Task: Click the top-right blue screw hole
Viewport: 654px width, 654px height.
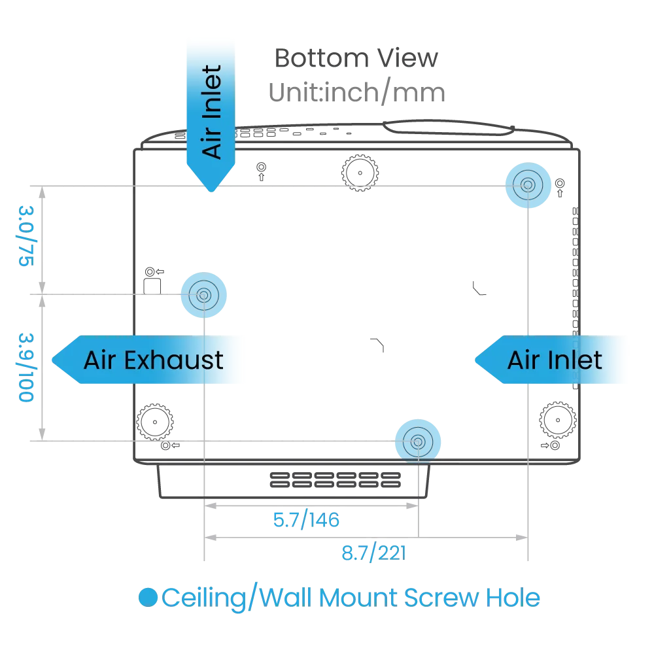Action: tap(527, 186)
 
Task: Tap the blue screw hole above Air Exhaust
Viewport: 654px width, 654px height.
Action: tap(203, 296)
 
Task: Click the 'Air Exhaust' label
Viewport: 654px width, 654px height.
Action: tap(153, 360)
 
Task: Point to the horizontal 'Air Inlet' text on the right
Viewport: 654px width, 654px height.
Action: tap(555, 360)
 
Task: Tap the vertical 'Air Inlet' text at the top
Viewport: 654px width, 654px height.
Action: tap(212, 111)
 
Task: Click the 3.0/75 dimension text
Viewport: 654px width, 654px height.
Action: tap(27, 236)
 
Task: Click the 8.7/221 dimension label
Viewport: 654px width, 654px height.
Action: tap(375, 553)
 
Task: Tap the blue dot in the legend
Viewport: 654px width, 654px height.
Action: tap(148, 598)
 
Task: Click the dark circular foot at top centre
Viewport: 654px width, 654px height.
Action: tap(360, 173)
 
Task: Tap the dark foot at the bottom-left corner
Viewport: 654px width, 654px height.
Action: tap(154, 424)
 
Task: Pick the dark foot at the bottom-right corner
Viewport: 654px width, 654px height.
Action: tap(557, 417)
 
